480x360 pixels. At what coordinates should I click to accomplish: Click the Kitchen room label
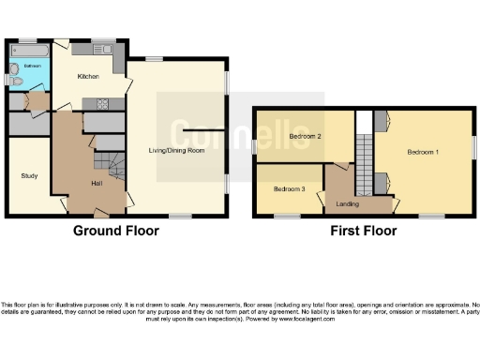88,75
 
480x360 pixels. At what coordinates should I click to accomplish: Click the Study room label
30,175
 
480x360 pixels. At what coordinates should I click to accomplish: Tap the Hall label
96,184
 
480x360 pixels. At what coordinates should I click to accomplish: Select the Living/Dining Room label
175,149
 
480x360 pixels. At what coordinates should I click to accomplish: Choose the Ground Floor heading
117,231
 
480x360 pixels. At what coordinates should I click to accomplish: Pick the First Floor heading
361,231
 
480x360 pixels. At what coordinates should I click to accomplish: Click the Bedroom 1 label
424,150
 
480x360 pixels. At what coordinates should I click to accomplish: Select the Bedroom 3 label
289,188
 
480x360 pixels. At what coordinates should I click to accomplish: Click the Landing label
347,203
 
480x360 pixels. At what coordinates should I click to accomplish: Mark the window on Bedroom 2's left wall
254,145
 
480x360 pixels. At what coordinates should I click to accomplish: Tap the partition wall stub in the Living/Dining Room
203,127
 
